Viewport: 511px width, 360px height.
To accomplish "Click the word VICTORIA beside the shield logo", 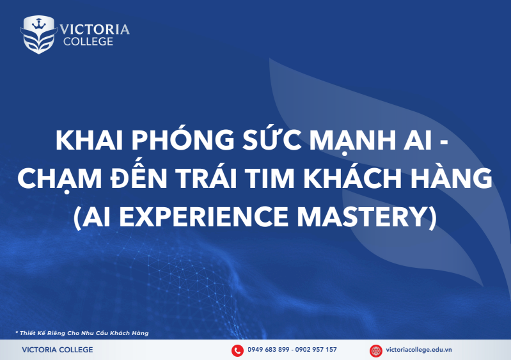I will [x=95, y=29].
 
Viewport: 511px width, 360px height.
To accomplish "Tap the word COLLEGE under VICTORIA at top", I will [x=88, y=42].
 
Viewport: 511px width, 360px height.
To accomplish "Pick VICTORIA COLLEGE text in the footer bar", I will [x=57, y=350].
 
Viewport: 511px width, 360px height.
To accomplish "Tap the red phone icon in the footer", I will [x=237, y=350].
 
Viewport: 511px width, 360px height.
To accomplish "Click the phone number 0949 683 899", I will [x=267, y=350].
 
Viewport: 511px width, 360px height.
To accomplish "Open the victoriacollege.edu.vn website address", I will [x=419, y=350].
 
